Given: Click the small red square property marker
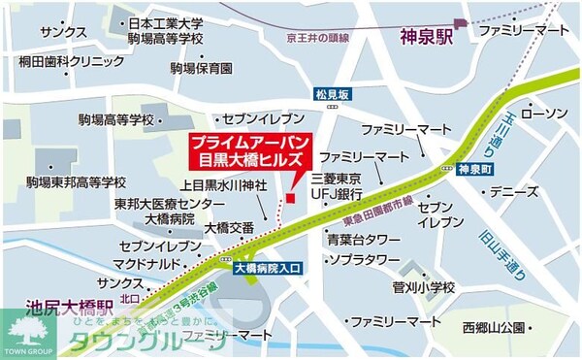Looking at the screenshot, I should click(288, 199).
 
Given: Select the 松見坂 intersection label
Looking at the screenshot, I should click(330, 94).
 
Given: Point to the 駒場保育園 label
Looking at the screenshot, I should click(202, 69).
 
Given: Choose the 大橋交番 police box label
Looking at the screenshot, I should click(229, 228).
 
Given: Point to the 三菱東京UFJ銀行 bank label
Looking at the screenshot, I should click(337, 186).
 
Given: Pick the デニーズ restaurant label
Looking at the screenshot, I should click(514, 192).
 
